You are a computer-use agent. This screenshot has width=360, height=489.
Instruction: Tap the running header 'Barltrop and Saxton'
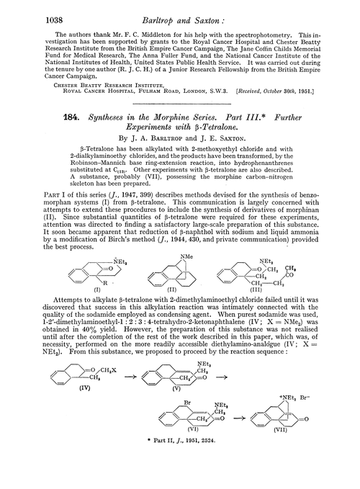[x=179, y=10]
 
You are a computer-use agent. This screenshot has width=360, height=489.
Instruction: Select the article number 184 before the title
[x=37, y=117]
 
